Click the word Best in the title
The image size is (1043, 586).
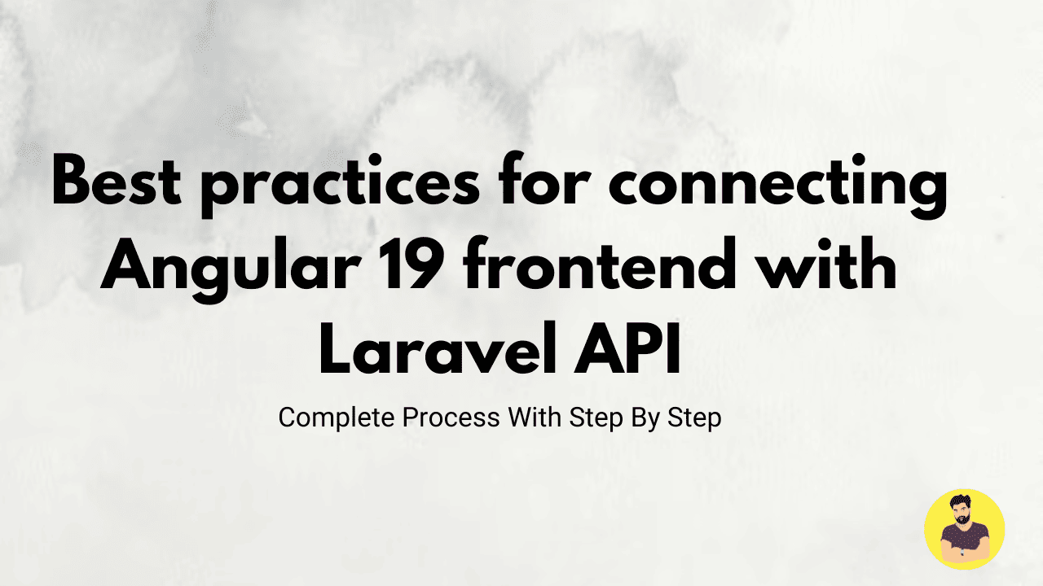click(117, 181)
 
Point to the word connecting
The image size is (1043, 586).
click(777, 186)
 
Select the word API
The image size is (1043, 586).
click(627, 349)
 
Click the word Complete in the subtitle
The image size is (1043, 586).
click(337, 418)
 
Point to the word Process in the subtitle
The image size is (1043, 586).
click(451, 418)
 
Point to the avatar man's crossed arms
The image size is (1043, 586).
click(964, 553)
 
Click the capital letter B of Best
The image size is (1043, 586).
click(71, 181)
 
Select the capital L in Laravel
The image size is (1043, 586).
click(334, 349)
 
